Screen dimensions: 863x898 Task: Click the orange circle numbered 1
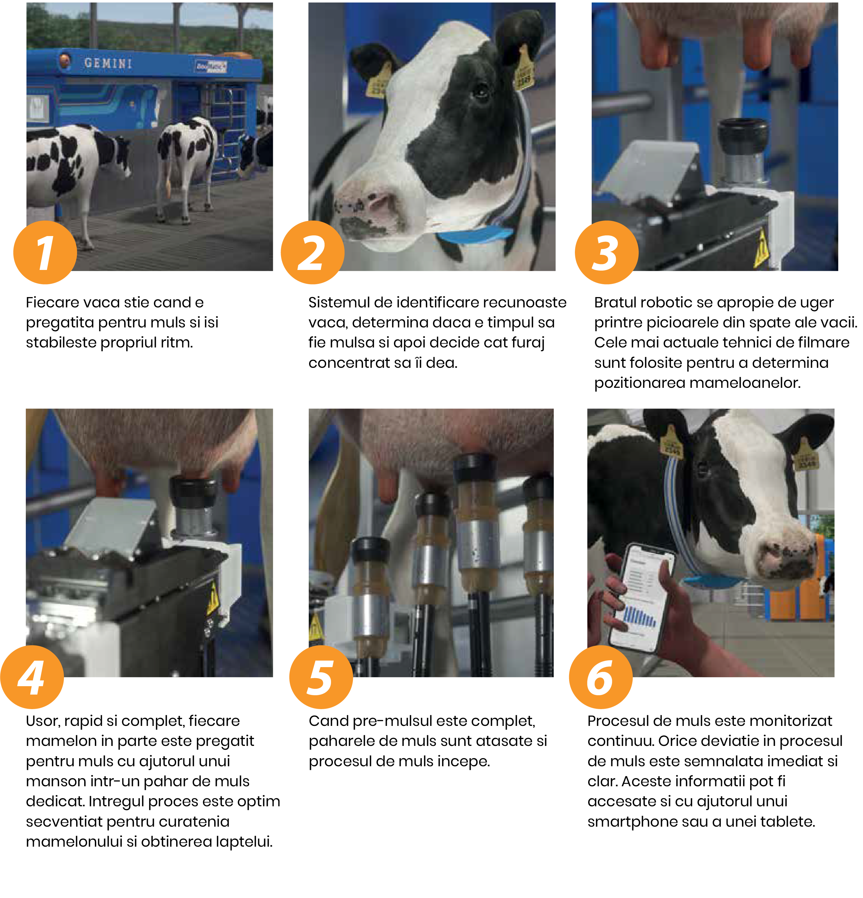[x=45, y=253]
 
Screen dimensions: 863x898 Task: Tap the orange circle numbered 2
[x=312, y=253]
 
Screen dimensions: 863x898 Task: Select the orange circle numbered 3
[x=607, y=253]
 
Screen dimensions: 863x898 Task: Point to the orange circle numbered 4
[x=32, y=677]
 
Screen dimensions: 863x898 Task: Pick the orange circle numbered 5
[x=321, y=677]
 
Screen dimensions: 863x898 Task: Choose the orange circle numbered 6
[x=601, y=677]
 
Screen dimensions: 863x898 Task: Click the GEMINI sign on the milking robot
[x=108, y=63]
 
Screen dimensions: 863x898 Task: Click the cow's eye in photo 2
[x=480, y=91]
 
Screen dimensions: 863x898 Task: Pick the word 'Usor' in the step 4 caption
[x=42, y=721]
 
